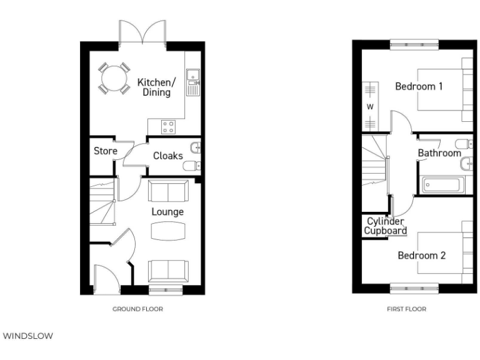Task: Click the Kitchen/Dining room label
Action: (157, 87)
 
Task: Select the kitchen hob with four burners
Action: (168, 127)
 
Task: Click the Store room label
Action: (106, 151)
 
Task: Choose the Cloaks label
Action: (167, 156)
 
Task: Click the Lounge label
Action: (167, 212)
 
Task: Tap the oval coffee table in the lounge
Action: (168, 231)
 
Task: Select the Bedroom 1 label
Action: (419, 86)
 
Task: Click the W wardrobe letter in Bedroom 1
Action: (370, 107)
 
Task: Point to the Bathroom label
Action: (439, 153)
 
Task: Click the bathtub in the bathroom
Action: (444, 184)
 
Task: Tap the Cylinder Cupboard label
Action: (386, 226)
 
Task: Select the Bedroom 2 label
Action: (421, 256)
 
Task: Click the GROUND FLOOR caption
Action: (138, 309)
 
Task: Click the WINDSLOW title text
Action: (29, 336)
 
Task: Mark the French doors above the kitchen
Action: (143, 31)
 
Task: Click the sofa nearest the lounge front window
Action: (168, 271)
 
